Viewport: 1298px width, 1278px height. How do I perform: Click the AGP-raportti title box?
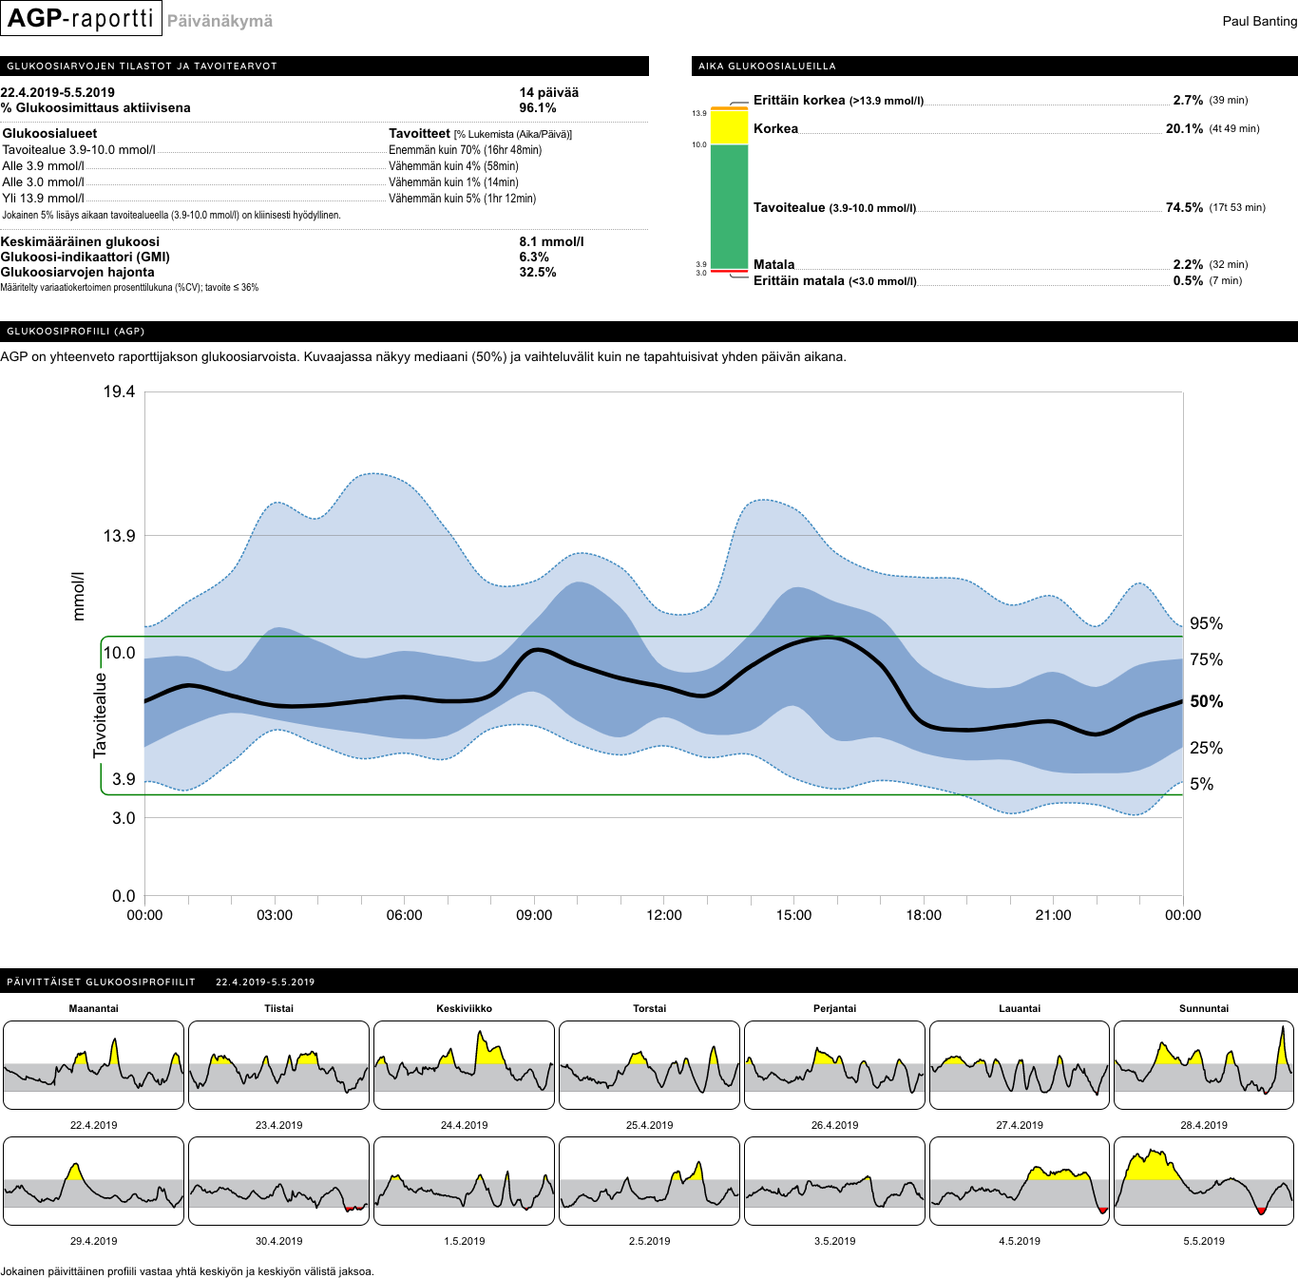pos(81,19)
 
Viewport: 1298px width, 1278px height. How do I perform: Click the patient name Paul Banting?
pos(1259,21)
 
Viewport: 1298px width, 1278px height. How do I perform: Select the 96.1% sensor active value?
pos(537,108)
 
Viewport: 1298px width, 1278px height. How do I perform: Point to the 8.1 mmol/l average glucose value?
pos(551,242)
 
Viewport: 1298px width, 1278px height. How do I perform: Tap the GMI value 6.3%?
pos(533,258)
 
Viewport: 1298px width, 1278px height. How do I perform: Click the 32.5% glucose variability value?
pos(537,273)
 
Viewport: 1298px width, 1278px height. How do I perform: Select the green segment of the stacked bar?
pos(729,206)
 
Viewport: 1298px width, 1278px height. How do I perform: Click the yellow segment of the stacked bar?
pos(729,128)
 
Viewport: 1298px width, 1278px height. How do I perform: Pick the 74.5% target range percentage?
pos(1184,208)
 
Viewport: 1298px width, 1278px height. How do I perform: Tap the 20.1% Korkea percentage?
pos(1184,129)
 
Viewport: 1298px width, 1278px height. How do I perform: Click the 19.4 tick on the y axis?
pos(119,392)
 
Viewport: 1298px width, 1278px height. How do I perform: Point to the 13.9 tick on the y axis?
pos(119,536)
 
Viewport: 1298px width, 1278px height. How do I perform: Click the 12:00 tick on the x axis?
pos(663,915)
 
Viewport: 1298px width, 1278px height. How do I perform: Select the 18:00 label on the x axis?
pos(923,915)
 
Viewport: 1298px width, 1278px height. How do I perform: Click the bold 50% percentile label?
pos(1206,702)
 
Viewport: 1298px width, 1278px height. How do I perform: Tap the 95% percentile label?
pos(1206,624)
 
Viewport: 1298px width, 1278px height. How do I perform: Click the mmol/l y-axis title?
pos(79,597)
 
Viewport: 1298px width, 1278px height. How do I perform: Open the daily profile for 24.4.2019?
pos(464,1065)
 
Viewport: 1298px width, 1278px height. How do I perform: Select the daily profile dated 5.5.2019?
pos(1203,1181)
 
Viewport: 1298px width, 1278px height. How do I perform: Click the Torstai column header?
pos(649,1009)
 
